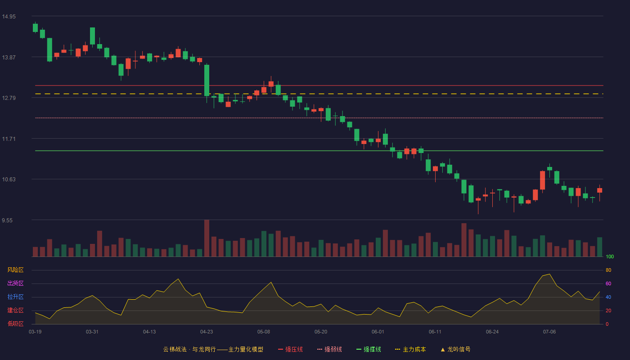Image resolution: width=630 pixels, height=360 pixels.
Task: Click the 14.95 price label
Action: pyautogui.click(x=9, y=17)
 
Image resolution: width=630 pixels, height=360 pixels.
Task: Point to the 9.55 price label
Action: pyautogui.click(x=7, y=220)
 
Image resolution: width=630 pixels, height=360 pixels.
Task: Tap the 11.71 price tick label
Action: pyautogui.click(x=9, y=139)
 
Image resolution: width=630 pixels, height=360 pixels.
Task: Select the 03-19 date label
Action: pyautogui.click(x=35, y=332)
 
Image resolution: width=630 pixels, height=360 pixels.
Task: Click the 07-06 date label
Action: pyautogui.click(x=549, y=332)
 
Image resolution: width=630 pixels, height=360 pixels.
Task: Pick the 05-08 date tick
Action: pyautogui.click(x=264, y=332)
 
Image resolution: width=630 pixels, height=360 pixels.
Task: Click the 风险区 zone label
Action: pyautogui.click(x=15, y=270)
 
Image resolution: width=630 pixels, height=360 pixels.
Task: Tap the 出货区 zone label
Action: pyautogui.click(x=15, y=283)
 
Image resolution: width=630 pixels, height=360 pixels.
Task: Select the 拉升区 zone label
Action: pyautogui.click(x=15, y=297)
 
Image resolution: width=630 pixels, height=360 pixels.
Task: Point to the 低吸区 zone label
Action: pyautogui.click(x=15, y=324)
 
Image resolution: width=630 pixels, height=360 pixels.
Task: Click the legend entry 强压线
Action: pyautogui.click(x=290, y=349)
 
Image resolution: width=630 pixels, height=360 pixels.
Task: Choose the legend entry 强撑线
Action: pyautogui.click(x=369, y=349)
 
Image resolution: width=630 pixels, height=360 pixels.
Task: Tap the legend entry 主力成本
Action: pyautogui.click(x=410, y=349)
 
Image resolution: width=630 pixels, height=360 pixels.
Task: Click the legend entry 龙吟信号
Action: pyautogui.click(x=455, y=349)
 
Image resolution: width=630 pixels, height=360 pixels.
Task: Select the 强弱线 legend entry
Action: pyautogui.click(x=329, y=349)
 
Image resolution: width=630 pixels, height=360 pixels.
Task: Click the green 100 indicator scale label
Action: pyautogui.click(x=610, y=256)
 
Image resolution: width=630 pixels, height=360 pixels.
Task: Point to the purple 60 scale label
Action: pyautogui.click(x=608, y=283)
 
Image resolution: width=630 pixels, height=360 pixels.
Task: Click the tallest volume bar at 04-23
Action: pyautogui.click(x=207, y=238)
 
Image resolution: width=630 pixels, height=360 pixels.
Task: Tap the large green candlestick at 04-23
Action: pyautogui.click(x=207, y=81)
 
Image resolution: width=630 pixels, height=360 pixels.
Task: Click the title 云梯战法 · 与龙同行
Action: pyautogui.click(x=189, y=349)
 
